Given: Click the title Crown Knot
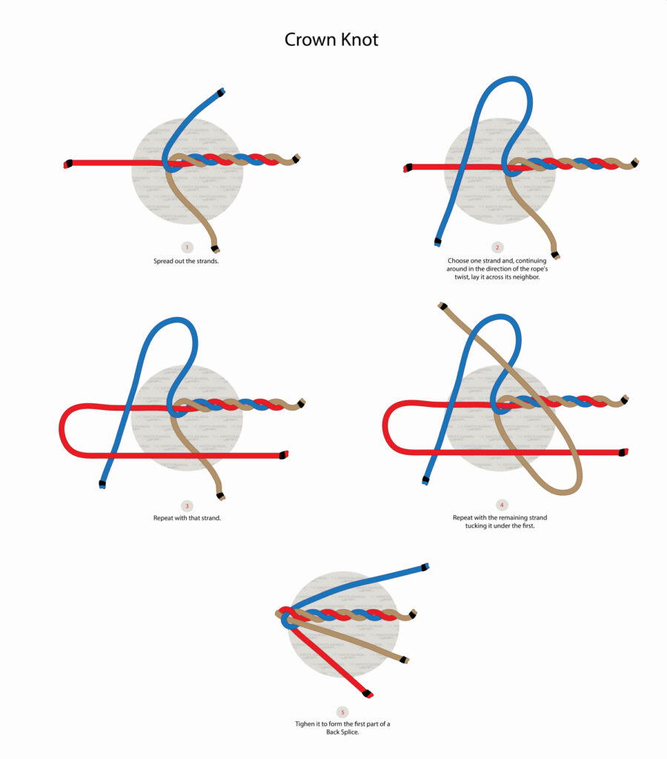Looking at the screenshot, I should [x=331, y=39].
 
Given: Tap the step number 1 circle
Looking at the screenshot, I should [x=187, y=247].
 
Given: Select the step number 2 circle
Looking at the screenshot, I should [x=497, y=247].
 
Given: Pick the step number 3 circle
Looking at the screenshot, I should [x=187, y=506].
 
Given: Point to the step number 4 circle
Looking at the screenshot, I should [x=502, y=505].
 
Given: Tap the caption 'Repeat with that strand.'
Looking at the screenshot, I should [x=187, y=517].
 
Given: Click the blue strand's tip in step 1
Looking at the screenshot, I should [x=221, y=92].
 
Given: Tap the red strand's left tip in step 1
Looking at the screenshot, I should [x=67, y=164].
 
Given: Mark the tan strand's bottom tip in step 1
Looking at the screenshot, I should [x=222, y=248].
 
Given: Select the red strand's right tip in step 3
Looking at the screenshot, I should [x=284, y=454].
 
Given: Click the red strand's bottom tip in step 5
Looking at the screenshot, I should [x=368, y=695].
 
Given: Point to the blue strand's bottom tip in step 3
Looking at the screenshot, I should [x=102, y=485].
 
